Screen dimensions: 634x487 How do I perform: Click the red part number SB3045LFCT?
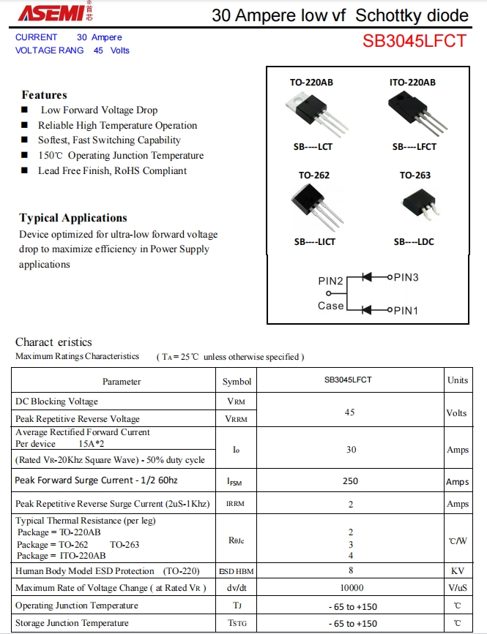pyautogui.click(x=414, y=41)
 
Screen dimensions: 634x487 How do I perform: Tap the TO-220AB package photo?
pyautogui.click(x=313, y=115)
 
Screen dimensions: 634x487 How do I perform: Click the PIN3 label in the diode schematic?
pyautogui.click(x=406, y=278)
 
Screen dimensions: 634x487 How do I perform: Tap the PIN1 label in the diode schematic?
pyautogui.click(x=406, y=311)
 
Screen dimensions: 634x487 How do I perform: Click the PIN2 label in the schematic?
pyautogui.click(x=330, y=282)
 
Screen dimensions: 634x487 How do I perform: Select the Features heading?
pyautogui.click(x=44, y=95)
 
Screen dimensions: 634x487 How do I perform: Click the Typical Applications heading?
pyautogui.click(x=73, y=218)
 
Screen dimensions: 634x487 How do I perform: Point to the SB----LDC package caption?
pyautogui.click(x=414, y=242)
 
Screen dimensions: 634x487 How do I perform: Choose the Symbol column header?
pyautogui.click(x=237, y=382)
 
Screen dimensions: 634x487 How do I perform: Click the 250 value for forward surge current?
pyautogui.click(x=350, y=481)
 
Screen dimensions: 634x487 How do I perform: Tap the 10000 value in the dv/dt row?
pyautogui.click(x=352, y=588)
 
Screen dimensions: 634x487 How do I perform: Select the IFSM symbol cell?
pyautogui.click(x=236, y=482)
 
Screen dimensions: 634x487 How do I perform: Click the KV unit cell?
pyautogui.click(x=458, y=571)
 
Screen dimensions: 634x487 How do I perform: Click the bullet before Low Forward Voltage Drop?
pyautogui.click(x=25, y=110)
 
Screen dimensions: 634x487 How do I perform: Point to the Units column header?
pyautogui.click(x=458, y=380)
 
